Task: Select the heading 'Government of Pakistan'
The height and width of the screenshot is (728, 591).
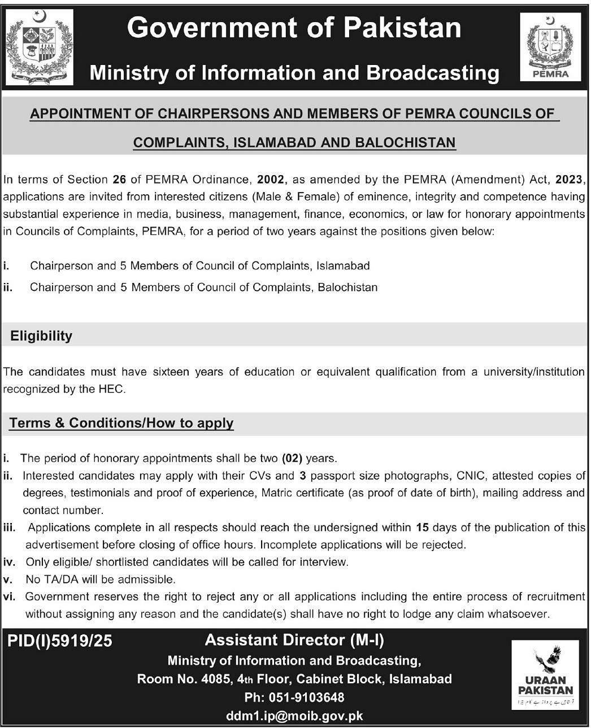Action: point(294,28)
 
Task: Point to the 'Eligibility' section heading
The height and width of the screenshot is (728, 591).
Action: point(41,336)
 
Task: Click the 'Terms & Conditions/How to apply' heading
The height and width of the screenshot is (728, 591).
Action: point(121,423)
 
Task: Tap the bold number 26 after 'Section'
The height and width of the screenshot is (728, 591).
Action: point(119,180)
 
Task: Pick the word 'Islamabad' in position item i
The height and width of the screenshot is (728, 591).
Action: point(343,265)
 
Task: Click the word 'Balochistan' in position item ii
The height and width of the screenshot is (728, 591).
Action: point(347,287)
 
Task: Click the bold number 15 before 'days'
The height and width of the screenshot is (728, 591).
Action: point(423,528)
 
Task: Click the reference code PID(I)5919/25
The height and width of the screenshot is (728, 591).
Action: point(60,640)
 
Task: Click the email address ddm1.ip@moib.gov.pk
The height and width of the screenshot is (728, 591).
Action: point(294,716)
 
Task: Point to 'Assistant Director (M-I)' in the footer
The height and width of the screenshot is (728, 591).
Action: point(294,640)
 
